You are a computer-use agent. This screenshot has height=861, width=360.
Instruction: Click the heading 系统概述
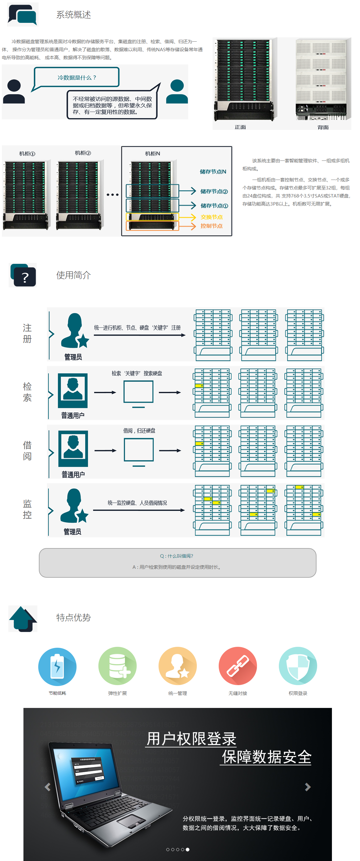[x=73, y=15]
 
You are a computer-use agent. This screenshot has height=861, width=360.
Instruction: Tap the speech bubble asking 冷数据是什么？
[x=77, y=77]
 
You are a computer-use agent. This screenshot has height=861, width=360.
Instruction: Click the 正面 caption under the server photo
[x=240, y=127]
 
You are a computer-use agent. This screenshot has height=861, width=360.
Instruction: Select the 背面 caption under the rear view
[x=323, y=127]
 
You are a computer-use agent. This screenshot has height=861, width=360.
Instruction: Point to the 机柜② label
[x=83, y=153]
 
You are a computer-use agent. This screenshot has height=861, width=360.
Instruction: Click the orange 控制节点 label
[x=211, y=226]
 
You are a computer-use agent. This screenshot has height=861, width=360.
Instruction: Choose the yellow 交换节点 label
[x=211, y=217]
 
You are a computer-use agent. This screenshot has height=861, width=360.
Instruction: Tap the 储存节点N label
[x=213, y=172]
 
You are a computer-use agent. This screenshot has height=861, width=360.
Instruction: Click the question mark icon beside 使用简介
[x=24, y=276]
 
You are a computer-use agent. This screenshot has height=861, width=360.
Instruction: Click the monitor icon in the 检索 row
[x=139, y=393]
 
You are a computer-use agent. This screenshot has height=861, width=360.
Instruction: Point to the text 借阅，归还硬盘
[x=139, y=430]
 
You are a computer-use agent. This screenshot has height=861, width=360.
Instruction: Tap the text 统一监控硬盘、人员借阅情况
[x=137, y=503]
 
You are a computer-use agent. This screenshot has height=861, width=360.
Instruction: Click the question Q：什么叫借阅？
[x=176, y=556]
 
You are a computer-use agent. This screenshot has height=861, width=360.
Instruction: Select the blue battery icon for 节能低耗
[x=57, y=666]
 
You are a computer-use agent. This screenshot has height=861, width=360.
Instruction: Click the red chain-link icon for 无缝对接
[x=238, y=666]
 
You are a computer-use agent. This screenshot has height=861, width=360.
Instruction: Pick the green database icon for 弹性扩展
[x=117, y=666]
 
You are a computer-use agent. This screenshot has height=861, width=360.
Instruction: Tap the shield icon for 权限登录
[x=298, y=666]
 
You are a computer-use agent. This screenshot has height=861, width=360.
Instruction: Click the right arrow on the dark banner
[x=308, y=787]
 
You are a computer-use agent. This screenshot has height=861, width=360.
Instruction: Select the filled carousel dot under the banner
[x=188, y=849]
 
